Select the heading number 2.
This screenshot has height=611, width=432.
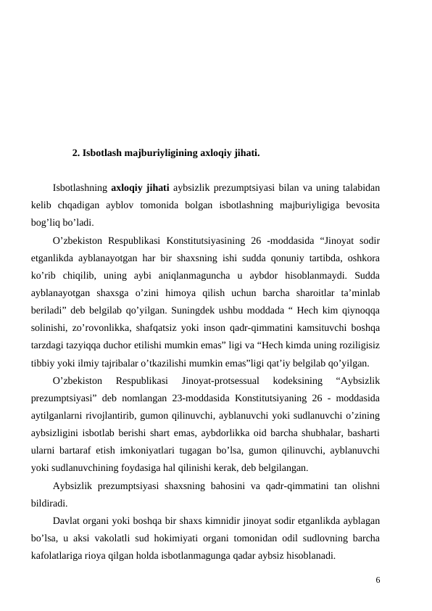click(77, 154)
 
